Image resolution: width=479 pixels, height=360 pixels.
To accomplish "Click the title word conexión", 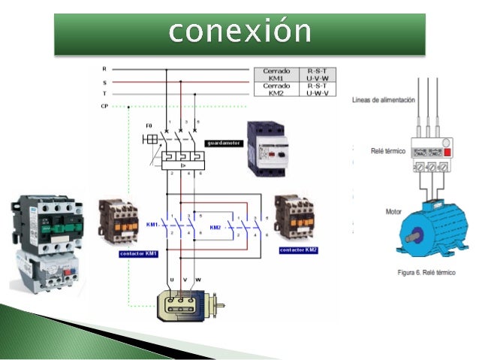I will coord(239,32).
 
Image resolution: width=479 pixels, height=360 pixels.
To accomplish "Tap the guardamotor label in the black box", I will coord(224,142).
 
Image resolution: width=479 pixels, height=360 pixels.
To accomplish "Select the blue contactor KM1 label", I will coord(137,253).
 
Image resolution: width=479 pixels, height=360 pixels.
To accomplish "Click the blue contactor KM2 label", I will coord(298,250).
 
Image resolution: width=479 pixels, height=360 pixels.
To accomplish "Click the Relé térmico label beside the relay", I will coord(388,151).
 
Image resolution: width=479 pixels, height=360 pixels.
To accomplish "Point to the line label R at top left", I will coord(104,69).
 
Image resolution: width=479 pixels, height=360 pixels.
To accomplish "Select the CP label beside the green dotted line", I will coord(104,107).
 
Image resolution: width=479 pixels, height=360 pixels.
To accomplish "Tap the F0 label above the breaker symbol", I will coord(149,123).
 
